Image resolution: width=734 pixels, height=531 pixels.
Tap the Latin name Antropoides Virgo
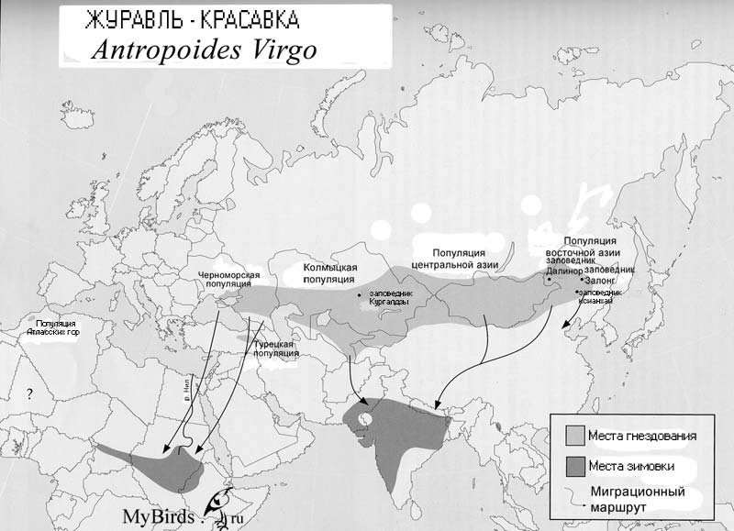[204, 50]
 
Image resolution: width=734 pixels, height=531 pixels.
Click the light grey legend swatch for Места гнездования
[575, 434]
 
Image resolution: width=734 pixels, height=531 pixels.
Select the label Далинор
[564, 271]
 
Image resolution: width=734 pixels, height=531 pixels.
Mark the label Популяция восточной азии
[586, 247]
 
